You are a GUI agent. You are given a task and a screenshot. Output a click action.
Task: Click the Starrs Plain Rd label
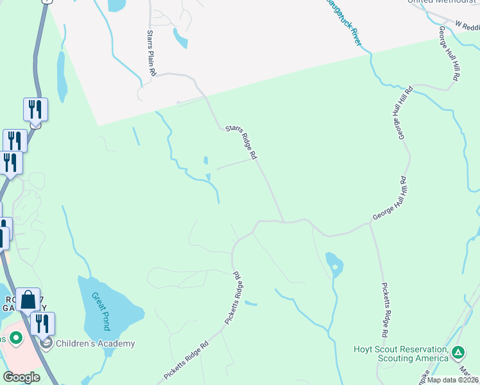[x=151, y=54]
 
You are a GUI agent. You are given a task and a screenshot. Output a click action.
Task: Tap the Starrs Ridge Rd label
[x=241, y=142]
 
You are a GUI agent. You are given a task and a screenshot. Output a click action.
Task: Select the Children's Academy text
[x=95, y=343]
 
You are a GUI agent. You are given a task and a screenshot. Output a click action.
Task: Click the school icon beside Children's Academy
[x=46, y=343]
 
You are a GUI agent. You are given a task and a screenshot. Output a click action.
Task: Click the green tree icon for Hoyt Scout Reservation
[x=458, y=352]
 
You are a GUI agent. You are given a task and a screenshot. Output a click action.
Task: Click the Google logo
[x=21, y=377]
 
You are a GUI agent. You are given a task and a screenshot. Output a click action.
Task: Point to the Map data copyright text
[x=452, y=380]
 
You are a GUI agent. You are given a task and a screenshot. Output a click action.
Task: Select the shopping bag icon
[x=28, y=300]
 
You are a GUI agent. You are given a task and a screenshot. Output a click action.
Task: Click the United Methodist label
[x=443, y=2]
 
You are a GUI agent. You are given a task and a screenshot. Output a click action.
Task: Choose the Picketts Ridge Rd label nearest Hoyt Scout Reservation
[x=384, y=310]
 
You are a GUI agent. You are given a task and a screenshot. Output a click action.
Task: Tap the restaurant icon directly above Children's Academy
[x=42, y=323]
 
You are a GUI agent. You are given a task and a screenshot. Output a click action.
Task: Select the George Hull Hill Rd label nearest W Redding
[x=449, y=53]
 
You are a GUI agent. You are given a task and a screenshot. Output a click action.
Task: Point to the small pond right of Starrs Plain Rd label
[x=180, y=40]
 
